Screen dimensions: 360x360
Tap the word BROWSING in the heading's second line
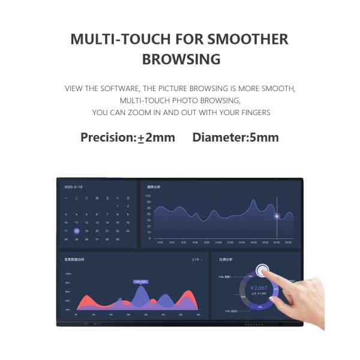point(181,60)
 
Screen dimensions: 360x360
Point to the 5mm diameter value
point(264,137)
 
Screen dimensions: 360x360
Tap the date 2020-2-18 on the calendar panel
point(73,187)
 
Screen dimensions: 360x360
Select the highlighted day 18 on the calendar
point(76,231)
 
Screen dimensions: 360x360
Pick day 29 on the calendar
point(117,239)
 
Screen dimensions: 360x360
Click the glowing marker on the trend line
point(277,216)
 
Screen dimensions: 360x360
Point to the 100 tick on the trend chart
point(148,196)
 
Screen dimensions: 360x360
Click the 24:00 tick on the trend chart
point(288,242)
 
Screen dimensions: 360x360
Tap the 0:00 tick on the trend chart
point(160,242)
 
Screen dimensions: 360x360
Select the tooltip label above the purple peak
point(141,281)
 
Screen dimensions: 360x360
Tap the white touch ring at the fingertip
point(262,271)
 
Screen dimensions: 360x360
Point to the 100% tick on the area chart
point(68,274)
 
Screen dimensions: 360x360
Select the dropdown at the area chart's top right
point(196,260)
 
